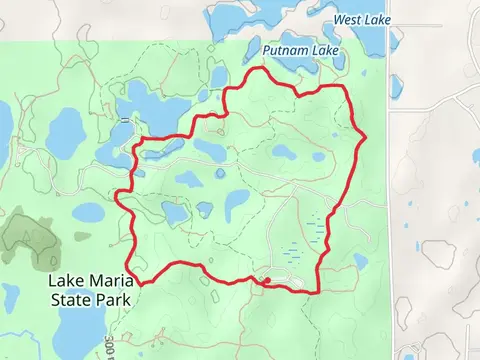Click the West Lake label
361,19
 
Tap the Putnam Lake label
301,50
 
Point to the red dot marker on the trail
266,280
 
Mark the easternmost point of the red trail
367,135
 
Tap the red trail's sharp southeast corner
318,292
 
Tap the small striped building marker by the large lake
124,120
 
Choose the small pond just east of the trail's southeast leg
360,262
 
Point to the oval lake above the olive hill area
88,213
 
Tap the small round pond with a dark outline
220,173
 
